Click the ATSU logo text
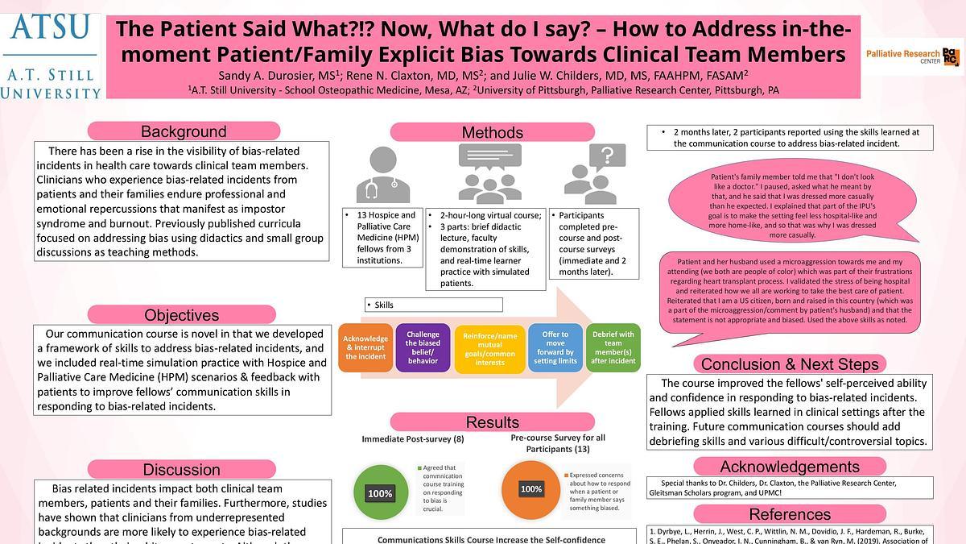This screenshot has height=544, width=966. coord(50,27)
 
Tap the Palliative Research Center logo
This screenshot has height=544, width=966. coord(914,55)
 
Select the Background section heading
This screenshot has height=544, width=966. coord(184,131)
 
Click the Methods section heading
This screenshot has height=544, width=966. coord(492,132)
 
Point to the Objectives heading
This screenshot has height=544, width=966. coord(181,315)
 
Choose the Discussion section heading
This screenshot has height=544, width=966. coord(181,469)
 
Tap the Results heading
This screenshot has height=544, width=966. coord(492,422)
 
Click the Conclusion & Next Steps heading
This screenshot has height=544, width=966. coord(790,363)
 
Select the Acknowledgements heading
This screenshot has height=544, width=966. coord(789,467)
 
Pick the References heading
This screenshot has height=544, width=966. coord(789,514)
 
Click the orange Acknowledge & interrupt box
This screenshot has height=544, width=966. coord(365,347)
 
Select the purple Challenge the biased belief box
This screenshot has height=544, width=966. coord(423,347)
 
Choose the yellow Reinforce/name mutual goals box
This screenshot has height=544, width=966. coord(489,347)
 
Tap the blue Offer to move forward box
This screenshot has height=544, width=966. coord(555,347)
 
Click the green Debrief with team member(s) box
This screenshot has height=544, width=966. coord(613,347)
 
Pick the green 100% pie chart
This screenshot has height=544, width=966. coord(381,492)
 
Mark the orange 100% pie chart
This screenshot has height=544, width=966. coord(530,488)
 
